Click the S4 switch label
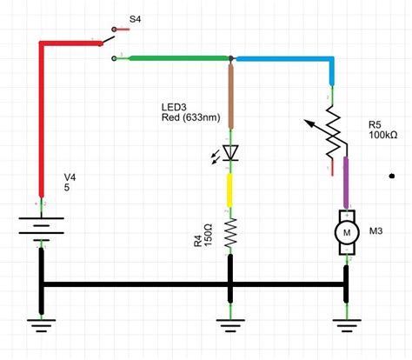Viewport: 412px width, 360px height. (x=135, y=20)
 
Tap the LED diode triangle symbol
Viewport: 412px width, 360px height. (x=231, y=153)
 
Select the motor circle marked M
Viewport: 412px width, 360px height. (x=347, y=232)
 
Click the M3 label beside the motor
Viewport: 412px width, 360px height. (x=375, y=231)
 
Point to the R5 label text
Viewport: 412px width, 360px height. (x=375, y=125)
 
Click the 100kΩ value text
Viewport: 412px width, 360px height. (x=383, y=135)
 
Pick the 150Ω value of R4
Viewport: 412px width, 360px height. (x=209, y=235)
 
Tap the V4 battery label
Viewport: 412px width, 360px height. (x=70, y=177)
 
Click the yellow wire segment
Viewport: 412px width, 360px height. (x=229, y=190)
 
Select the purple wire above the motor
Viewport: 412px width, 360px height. (x=346, y=183)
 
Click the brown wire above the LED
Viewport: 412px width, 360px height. (x=231, y=96)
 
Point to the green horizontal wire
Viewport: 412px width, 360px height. (x=179, y=58)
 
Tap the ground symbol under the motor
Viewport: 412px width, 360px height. (x=347, y=325)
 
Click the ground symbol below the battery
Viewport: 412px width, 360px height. (x=42, y=325)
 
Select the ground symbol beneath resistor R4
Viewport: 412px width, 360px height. (x=230, y=325)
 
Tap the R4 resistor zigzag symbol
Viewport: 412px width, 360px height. (x=231, y=233)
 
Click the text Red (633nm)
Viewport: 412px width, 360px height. (x=191, y=117)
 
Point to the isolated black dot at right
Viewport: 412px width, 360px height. (x=392, y=176)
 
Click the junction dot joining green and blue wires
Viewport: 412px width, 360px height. (x=231, y=58)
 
